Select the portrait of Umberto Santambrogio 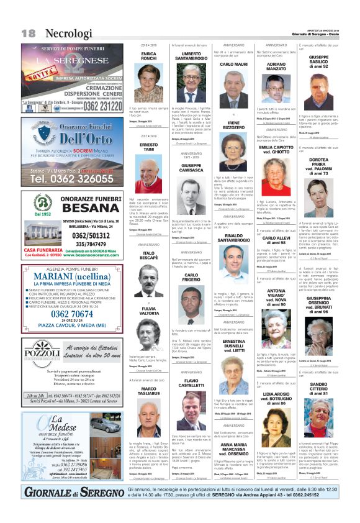pyautogui.click(x=191, y=80)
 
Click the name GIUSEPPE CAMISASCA pyautogui.click(x=191, y=168)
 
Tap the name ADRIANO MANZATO pyautogui.click(x=276, y=67)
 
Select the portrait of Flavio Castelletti pyautogui.click(x=191, y=406)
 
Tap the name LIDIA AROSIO pyautogui.click(x=276, y=398)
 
